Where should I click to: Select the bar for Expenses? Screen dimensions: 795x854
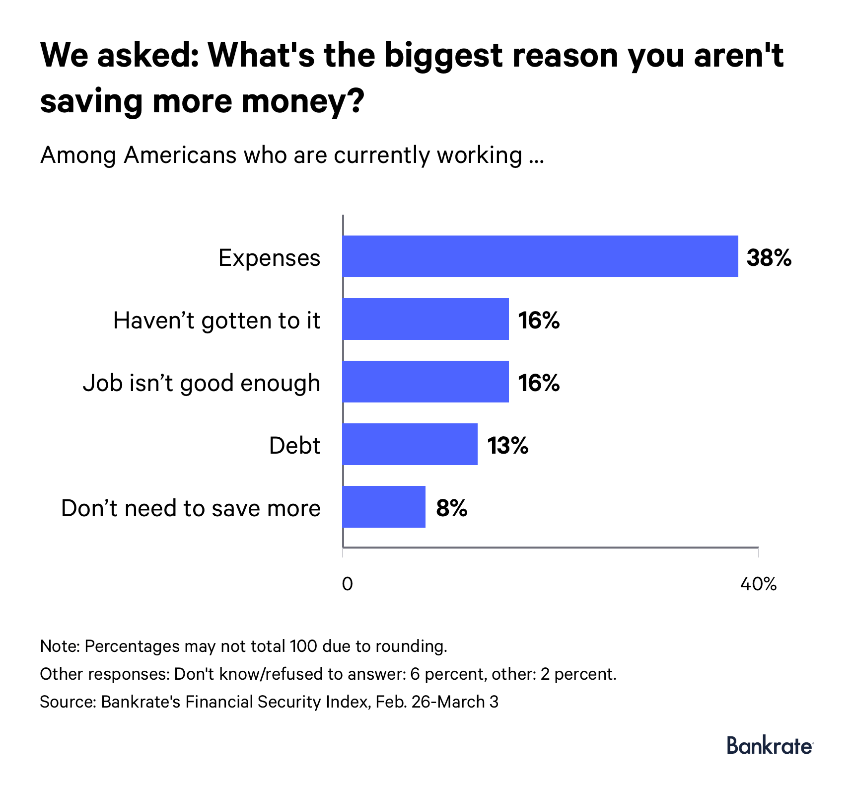[540, 256]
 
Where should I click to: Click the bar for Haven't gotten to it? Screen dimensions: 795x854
[426, 319]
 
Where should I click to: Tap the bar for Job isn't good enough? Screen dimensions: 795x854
[426, 382]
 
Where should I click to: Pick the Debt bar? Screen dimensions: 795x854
[410, 444]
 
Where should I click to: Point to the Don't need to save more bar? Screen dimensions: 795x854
[384, 507]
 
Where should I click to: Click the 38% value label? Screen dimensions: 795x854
[769, 258]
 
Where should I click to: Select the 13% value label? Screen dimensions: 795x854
[507, 446]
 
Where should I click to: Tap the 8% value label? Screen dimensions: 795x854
[451, 508]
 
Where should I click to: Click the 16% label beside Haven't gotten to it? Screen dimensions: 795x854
[539, 320]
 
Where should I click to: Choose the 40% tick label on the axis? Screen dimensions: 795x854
[758, 584]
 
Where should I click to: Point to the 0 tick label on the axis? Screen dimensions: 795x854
[347, 584]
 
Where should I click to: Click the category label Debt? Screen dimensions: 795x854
[294, 446]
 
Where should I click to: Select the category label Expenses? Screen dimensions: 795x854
[269, 258]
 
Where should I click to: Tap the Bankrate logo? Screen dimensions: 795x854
[769, 745]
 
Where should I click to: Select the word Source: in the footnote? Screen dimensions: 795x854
[68, 702]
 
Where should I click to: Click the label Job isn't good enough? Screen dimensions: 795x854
[202, 383]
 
